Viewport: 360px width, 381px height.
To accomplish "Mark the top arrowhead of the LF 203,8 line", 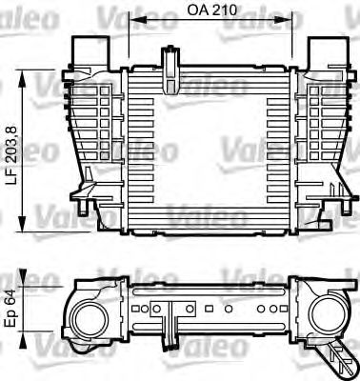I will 26,80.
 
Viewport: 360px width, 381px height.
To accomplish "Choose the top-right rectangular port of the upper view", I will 324,48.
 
